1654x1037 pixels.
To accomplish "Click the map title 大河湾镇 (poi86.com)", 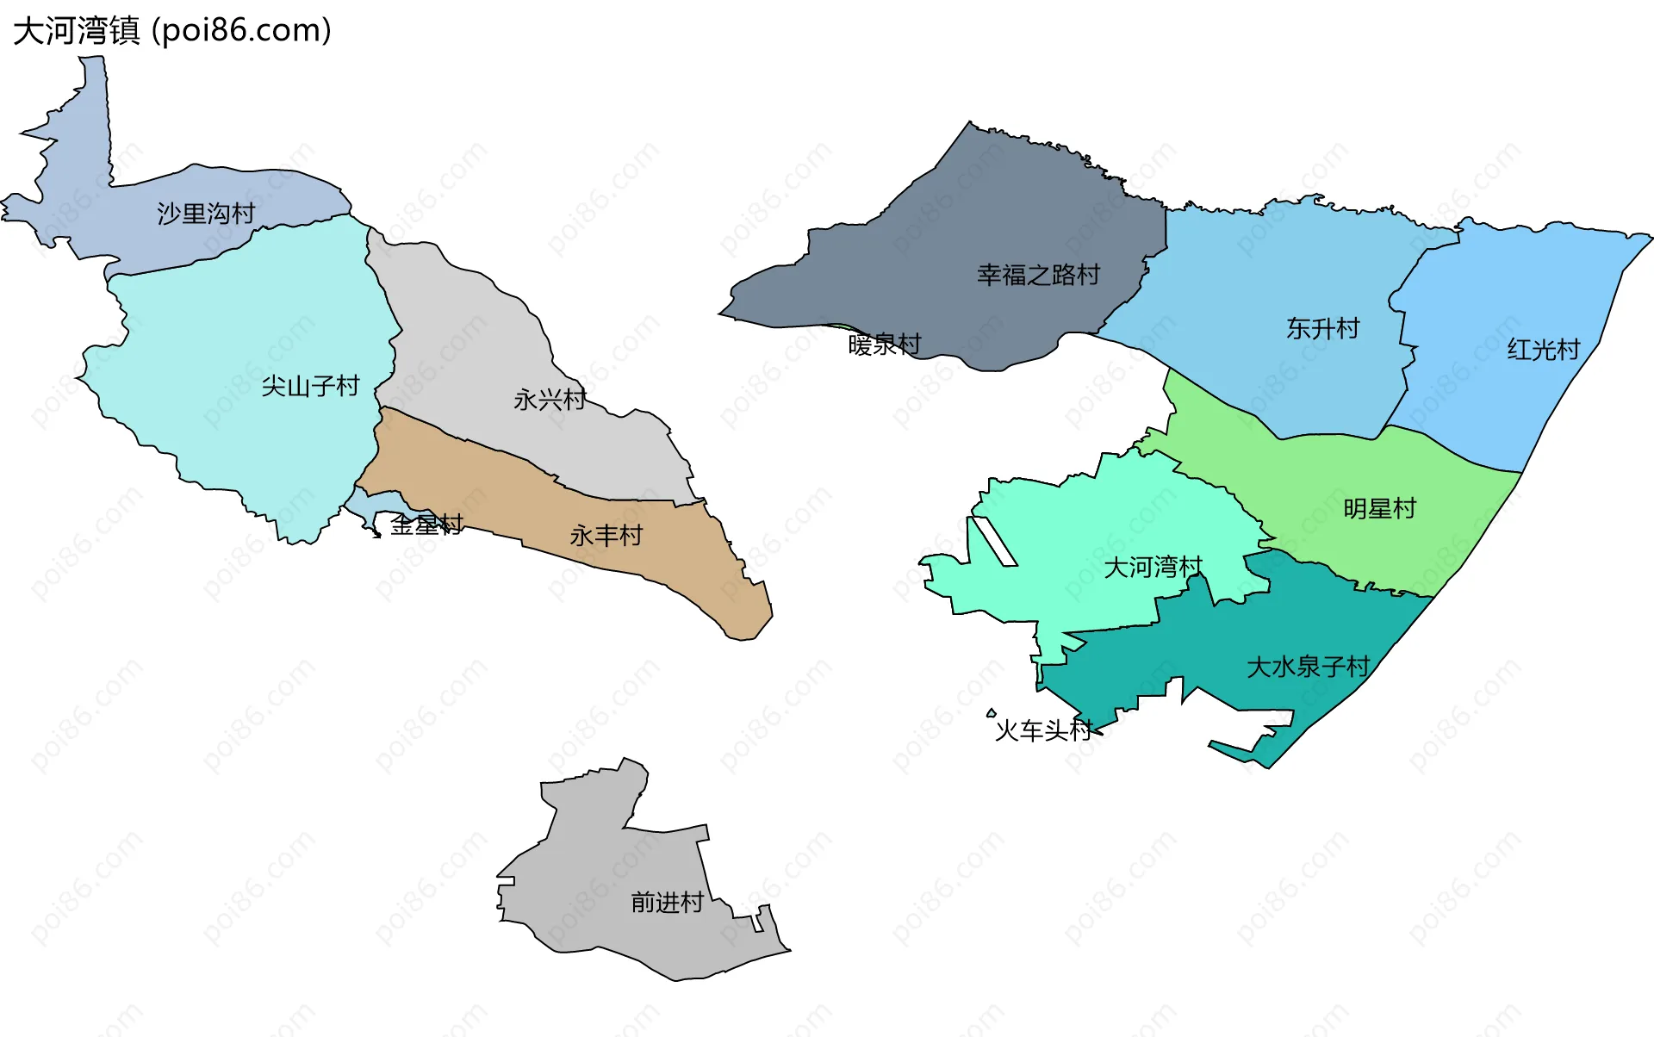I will [172, 31].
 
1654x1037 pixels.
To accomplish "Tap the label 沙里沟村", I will [206, 214].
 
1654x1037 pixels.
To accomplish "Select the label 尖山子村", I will [310, 386].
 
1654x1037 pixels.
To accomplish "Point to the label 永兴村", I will [550, 400].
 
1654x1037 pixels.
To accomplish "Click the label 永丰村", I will [606, 536].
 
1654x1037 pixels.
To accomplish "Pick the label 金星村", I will [426, 525].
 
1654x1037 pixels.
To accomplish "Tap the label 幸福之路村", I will [1038, 275].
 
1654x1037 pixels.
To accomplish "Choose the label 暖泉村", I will [885, 345].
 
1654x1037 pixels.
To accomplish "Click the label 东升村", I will [1322, 328].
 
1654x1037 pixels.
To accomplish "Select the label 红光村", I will [1544, 350].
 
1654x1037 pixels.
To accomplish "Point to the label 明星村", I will [1380, 509].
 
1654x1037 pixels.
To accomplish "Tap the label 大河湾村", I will [1153, 568].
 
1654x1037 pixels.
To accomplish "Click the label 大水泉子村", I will [1308, 667].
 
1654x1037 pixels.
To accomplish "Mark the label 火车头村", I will [1043, 730].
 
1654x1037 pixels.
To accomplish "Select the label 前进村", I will [668, 903].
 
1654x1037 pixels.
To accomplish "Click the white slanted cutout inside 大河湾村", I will [994, 541].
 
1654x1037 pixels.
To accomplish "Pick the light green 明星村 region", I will [1344, 465].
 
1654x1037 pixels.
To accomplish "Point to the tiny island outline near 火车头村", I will [992, 712].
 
